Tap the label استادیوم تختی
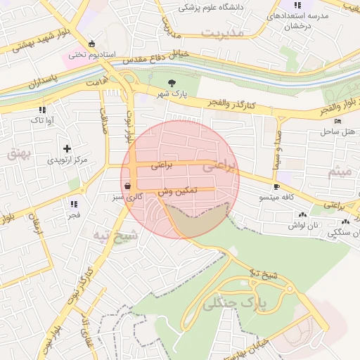87,54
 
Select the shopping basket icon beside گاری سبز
127,185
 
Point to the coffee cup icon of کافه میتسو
276,186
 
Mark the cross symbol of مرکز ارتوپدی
67,148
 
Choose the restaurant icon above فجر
73,203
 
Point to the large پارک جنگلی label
236,303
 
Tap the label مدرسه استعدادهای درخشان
288,20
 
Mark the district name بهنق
15,153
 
